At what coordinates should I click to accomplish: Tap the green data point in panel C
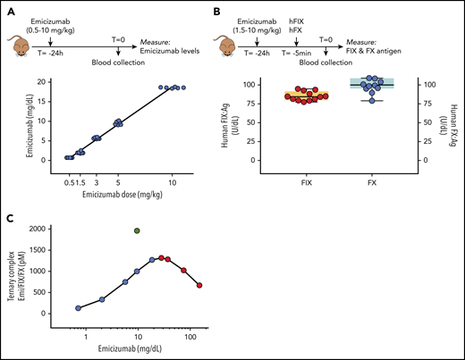click(137, 231)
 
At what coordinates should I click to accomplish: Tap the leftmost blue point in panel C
click(79, 308)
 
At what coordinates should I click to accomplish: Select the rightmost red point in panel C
click(199, 285)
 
